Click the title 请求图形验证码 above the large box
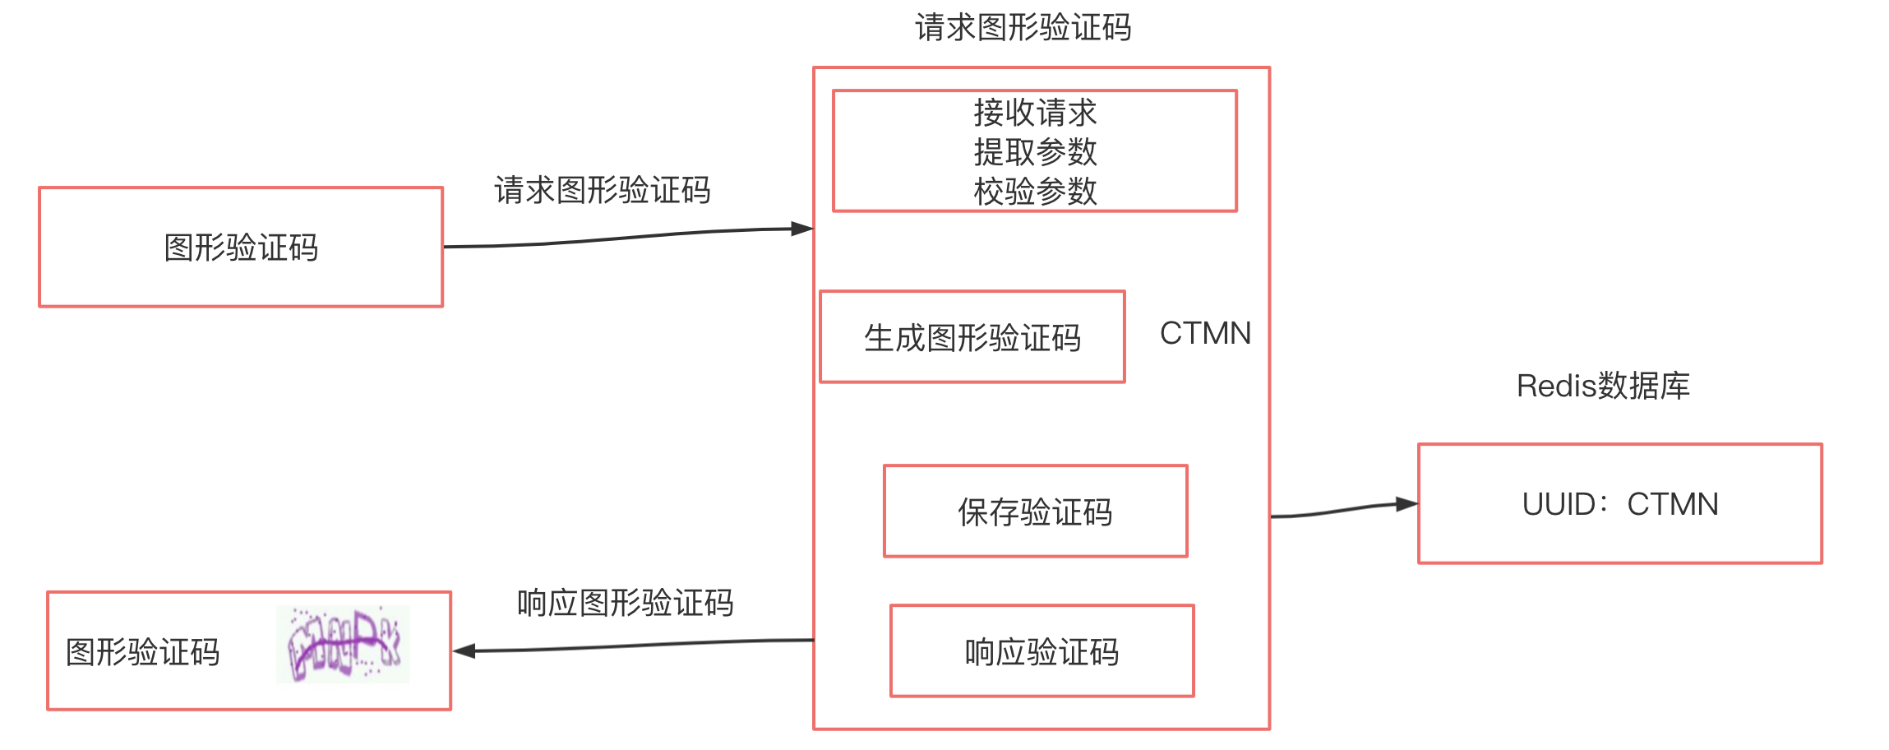tap(1023, 28)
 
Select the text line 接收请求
tap(1035, 113)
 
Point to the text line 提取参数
tap(1035, 152)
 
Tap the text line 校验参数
tap(1035, 192)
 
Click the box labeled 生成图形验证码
tap(972, 337)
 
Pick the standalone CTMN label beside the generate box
tap(1205, 333)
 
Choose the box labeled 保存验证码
tap(1035, 512)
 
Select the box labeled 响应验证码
tap(1041, 651)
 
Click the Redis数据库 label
tap(1603, 386)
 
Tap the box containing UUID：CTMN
tap(1619, 504)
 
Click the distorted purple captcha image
tap(343, 645)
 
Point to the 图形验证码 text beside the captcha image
tap(143, 652)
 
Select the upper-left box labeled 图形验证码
tap(241, 248)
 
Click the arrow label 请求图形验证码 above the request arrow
tap(602, 191)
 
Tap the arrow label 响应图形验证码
tap(625, 604)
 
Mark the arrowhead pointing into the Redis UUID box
tap(1407, 503)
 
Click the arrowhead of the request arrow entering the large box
tap(801, 229)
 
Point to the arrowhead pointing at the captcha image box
tap(464, 650)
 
